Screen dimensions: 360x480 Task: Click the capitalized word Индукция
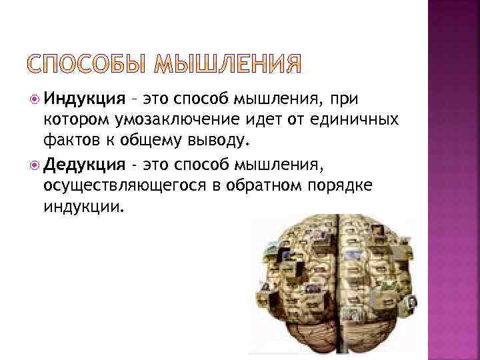tap(84, 99)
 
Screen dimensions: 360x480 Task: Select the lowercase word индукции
tap(83, 206)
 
